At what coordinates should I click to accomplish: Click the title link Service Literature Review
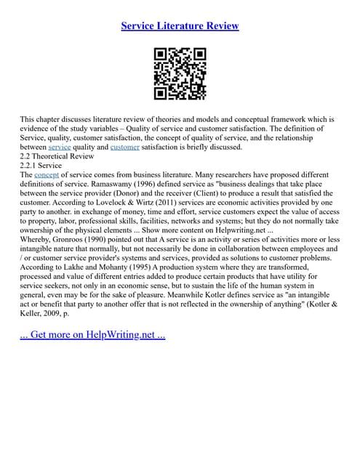180,26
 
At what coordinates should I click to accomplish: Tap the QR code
180,73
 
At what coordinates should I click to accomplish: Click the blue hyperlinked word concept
47,175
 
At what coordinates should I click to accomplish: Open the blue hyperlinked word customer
124,147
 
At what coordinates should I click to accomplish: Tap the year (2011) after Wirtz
190,203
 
